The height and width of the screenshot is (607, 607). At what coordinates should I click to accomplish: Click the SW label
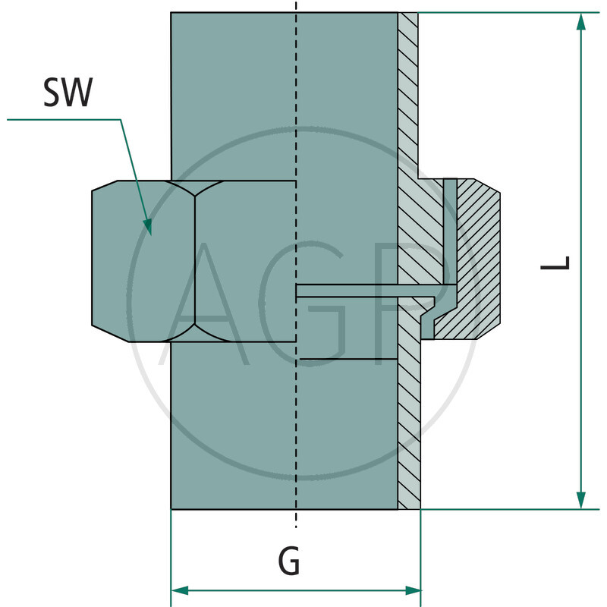click(x=68, y=92)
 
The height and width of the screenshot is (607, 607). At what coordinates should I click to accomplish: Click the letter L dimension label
click(x=555, y=263)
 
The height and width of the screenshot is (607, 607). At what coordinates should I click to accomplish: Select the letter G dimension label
click(x=289, y=561)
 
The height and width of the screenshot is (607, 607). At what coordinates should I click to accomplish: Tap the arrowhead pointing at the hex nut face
click(x=148, y=226)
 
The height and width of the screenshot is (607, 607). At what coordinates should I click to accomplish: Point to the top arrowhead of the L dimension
click(x=580, y=22)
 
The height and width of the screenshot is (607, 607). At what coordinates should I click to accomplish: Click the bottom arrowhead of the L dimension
click(x=580, y=500)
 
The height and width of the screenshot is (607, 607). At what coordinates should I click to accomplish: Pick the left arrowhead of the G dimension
click(x=180, y=591)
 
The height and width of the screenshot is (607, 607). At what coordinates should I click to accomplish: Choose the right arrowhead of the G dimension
click(x=412, y=591)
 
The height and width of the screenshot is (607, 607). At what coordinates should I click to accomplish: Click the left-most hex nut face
click(x=143, y=261)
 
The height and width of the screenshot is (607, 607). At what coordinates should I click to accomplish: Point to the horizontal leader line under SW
click(x=64, y=120)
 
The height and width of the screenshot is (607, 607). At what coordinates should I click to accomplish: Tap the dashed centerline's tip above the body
click(x=296, y=2)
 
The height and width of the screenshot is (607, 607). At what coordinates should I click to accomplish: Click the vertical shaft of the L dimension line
click(x=580, y=261)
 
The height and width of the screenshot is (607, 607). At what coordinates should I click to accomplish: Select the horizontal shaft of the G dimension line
click(x=296, y=591)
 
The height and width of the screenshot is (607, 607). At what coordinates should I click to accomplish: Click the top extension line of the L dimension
click(x=508, y=13)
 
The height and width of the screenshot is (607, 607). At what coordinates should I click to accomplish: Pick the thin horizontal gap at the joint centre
click(x=365, y=291)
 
